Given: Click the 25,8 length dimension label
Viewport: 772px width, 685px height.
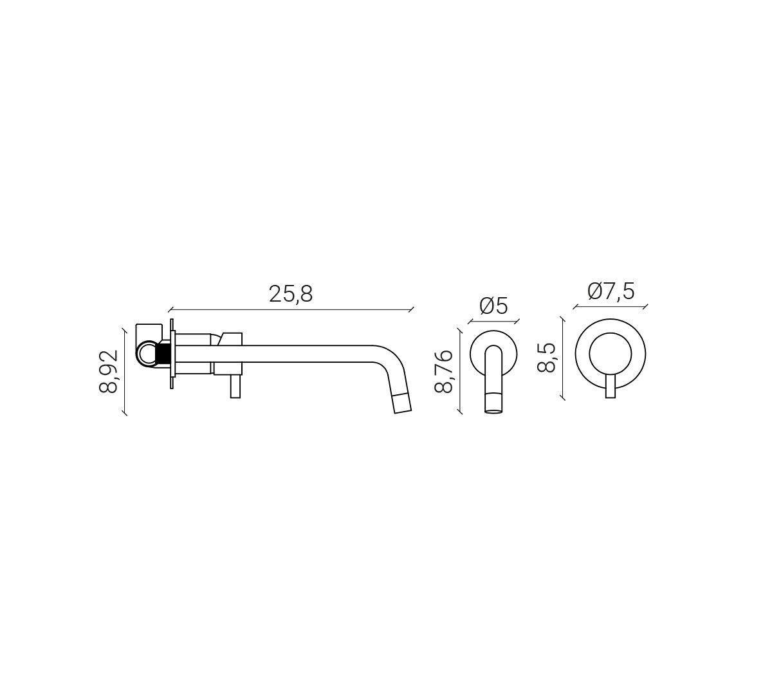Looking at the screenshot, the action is pos(291,294).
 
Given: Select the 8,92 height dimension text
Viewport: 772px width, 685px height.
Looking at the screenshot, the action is pos(108,371).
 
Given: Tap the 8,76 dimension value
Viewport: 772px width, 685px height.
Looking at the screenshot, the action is pos(443,372).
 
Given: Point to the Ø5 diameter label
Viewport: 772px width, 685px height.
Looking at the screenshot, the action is pos(493,306).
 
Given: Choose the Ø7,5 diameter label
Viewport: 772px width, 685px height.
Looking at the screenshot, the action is pos(611,291).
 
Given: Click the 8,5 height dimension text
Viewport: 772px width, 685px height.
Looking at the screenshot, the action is pos(546,358).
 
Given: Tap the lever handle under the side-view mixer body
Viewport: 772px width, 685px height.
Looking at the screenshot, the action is pos(235,387).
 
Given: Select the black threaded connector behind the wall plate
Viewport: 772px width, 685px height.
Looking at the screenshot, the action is pos(164,354).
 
